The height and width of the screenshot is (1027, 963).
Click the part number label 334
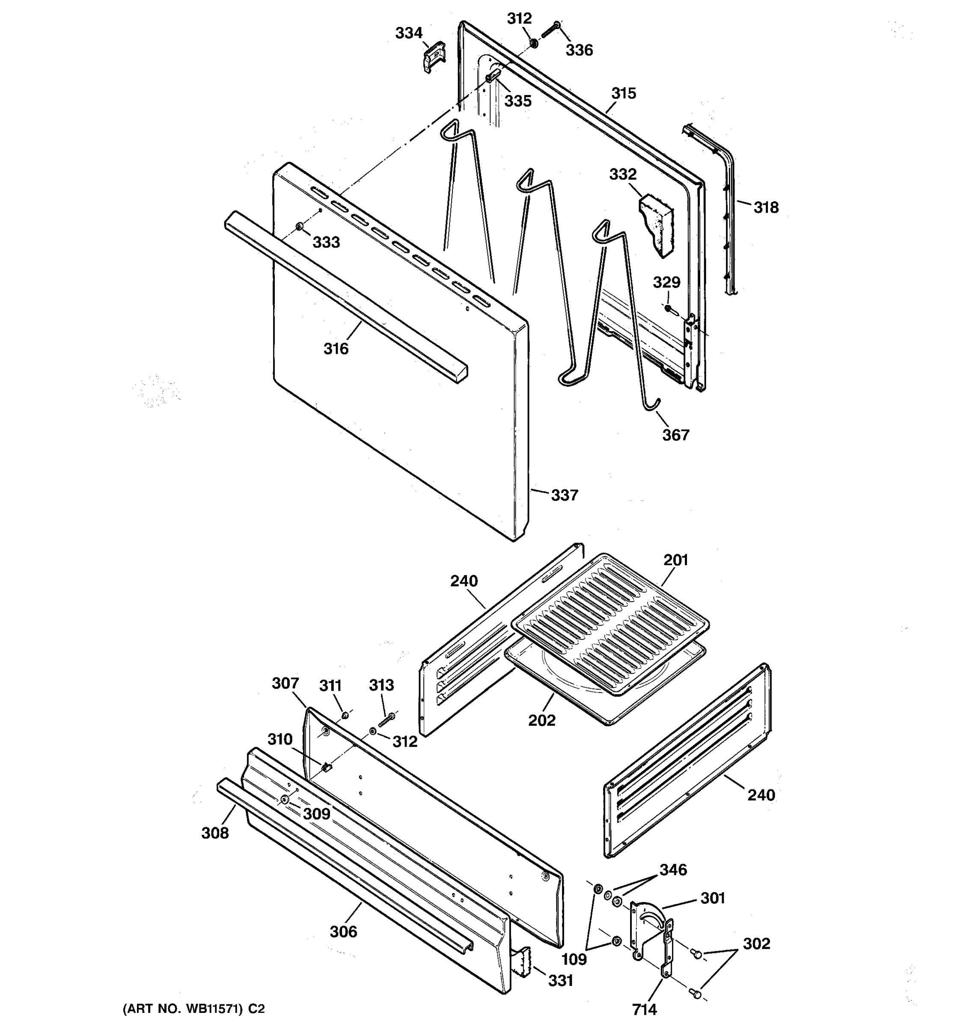click(x=409, y=33)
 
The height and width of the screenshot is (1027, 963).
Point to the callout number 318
click(x=765, y=208)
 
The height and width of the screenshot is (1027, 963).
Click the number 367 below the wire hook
click(x=676, y=435)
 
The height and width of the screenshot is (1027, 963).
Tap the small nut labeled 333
click(x=299, y=227)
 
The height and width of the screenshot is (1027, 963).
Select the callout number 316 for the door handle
click(x=336, y=349)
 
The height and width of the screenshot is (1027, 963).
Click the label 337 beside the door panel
click(x=564, y=496)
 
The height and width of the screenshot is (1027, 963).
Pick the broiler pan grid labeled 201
click(x=609, y=625)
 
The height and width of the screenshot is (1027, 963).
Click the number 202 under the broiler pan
click(x=541, y=720)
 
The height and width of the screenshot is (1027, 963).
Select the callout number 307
click(x=285, y=683)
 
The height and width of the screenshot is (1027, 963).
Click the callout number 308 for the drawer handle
click(x=215, y=833)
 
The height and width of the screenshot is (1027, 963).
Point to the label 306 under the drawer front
click(x=343, y=932)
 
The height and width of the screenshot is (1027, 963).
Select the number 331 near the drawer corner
click(x=561, y=980)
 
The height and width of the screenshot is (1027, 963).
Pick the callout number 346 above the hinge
click(x=673, y=870)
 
